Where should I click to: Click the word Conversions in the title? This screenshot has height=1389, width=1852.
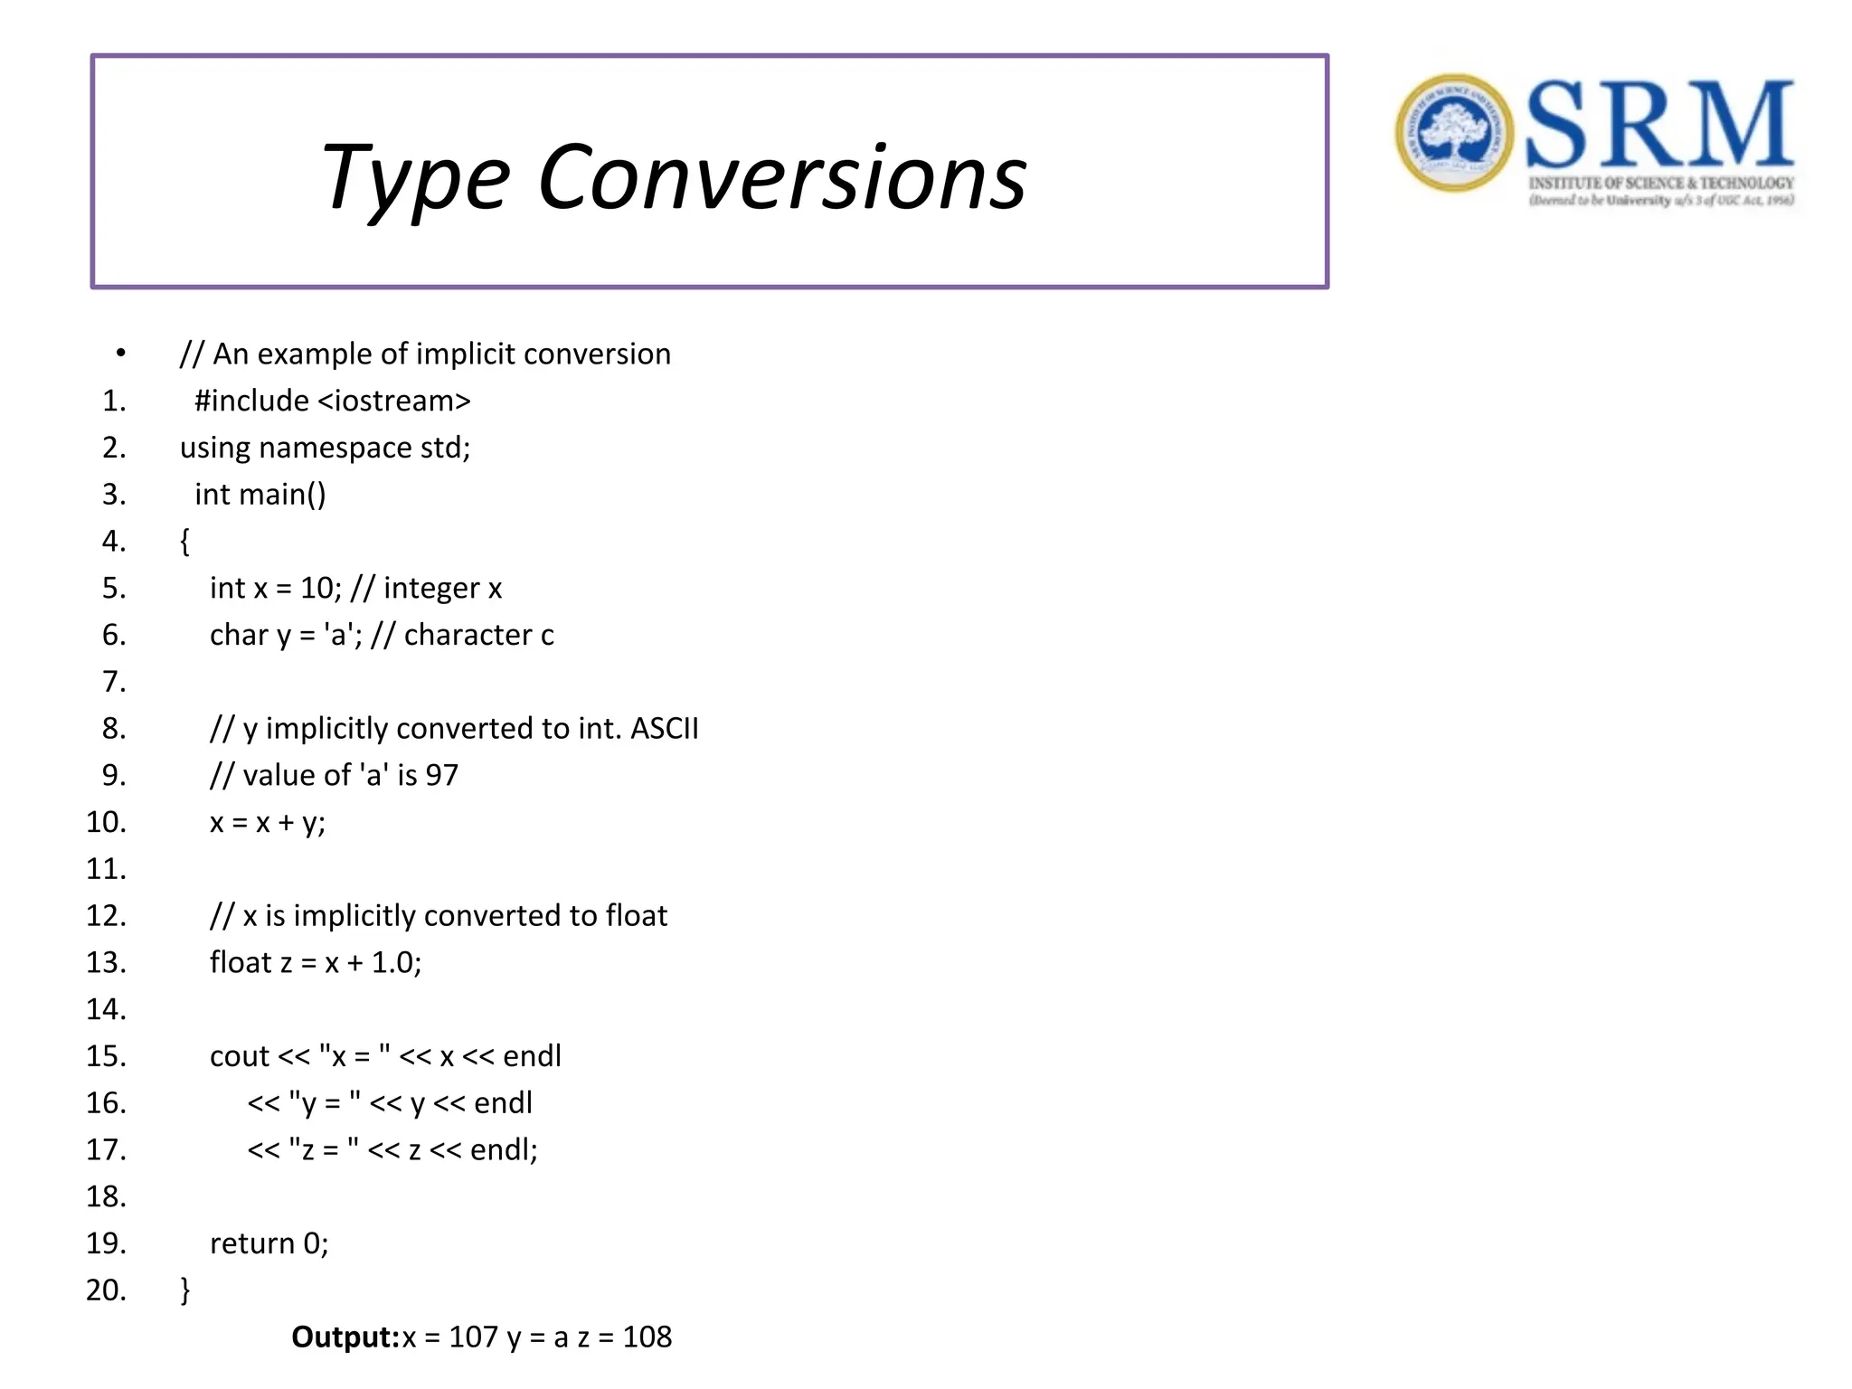click(x=782, y=178)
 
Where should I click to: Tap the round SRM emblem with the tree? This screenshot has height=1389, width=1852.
click(x=1453, y=133)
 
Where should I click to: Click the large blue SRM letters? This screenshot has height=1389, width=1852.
click(x=1659, y=124)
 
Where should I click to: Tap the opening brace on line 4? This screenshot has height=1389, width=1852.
click(x=184, y=542)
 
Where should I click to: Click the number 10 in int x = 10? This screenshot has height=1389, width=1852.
click(x=317, y=589)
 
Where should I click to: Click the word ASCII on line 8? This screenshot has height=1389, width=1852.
click(x=665, y=729)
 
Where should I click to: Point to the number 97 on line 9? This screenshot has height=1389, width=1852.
click(x=441, y=775)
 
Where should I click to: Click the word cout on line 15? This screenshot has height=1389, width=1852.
click(x=240, y=1056)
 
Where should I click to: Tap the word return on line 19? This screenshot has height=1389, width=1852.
click(x=252, y=1243)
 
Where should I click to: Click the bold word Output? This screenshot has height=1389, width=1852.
click(x=345, y=1337)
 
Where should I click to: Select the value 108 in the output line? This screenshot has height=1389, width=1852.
click(x=647, y=1337)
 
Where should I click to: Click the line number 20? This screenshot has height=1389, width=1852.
click(x=106, y=1290)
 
